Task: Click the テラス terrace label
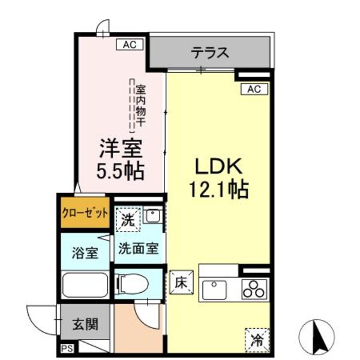click(210, 53)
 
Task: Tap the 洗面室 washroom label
click(138, 247)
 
